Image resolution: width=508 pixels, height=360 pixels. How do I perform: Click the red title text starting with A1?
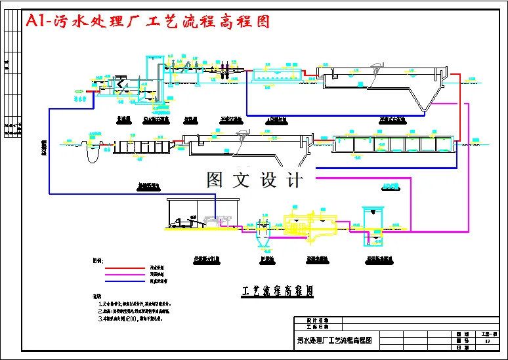point(147,21)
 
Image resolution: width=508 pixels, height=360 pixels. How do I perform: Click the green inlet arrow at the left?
point(80,91)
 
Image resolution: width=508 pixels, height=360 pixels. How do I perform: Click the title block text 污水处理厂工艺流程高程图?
point(335,340)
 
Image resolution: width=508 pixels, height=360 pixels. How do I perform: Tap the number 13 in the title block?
point(486,341)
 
